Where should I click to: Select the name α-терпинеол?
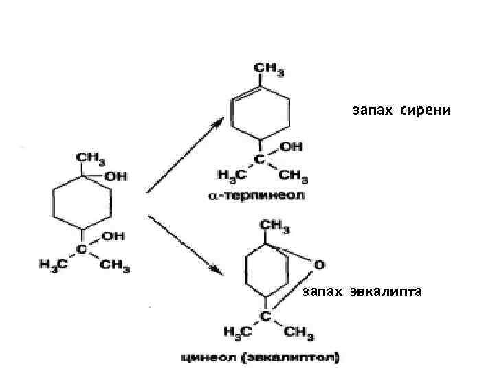point(257,196)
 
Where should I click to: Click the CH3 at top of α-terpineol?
point(269,69)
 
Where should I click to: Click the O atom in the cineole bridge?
point(318,264)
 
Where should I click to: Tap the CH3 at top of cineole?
point(274,225)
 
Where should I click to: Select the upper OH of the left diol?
point(115,177)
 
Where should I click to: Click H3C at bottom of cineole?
point(237,333)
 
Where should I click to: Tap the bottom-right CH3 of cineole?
point(298,333)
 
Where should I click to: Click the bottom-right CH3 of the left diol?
point(116,266)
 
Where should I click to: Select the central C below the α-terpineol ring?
point(261,159)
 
